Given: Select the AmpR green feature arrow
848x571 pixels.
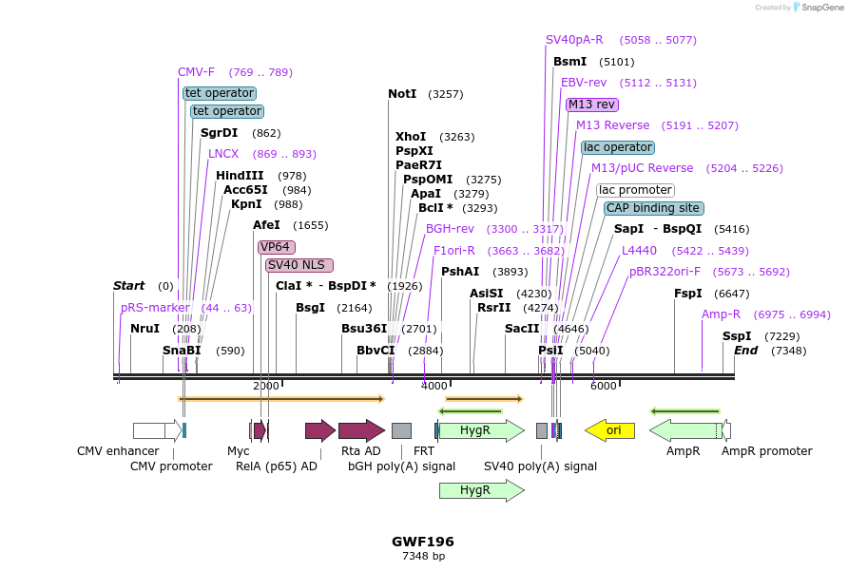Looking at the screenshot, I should point(685,430).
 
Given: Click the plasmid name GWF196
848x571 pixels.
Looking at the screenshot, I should point(423,542).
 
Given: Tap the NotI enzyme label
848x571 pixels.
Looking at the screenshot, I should point(402,94).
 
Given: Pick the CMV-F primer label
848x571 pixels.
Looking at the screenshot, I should point(197,72).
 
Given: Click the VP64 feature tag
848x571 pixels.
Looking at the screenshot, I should point(275,247).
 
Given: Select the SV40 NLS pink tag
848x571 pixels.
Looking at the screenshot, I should point(299,265).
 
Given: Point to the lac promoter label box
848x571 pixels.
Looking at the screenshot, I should point(635,190).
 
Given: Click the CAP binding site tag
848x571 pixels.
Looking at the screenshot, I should point(653,208).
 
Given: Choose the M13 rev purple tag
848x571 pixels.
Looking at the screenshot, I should point(591,105).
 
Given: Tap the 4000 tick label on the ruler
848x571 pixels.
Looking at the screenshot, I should point(434,386).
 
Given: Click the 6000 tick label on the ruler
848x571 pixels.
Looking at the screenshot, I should point(603,386).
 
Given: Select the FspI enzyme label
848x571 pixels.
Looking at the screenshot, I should point(688,294).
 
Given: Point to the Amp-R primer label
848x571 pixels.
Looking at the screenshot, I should point(721,314).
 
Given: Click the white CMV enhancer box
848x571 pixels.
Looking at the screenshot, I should point(152,430).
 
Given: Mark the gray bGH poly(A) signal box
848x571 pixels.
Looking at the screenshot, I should point(401,430).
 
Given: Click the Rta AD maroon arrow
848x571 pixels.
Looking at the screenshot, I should point(360,430).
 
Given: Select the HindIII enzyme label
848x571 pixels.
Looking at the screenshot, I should point(240,176).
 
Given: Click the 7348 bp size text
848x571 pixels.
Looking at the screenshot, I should point(423,557).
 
